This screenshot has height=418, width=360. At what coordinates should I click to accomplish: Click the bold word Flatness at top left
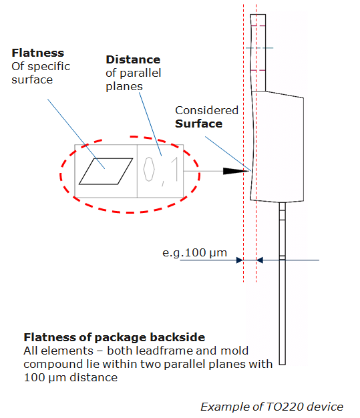pos(38,53)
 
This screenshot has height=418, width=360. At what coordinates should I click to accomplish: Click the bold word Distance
pos(133,59)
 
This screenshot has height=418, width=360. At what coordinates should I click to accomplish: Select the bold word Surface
pos(198,124)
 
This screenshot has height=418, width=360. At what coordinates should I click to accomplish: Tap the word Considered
pos(206,110)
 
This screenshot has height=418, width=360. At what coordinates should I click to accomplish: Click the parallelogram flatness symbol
pos(106,171)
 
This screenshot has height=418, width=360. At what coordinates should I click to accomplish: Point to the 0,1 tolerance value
pos(161,171)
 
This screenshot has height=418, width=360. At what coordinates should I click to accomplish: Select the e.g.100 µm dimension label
pos(194,252)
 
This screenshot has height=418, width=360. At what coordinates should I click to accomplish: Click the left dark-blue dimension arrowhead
pos(240,260)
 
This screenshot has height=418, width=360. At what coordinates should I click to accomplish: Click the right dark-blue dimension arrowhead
pos(260,260)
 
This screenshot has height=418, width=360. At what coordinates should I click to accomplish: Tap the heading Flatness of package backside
pos(114,337)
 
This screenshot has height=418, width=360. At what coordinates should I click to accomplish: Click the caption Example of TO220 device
pos(272,407)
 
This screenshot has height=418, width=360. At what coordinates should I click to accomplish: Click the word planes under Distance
pos(124,87)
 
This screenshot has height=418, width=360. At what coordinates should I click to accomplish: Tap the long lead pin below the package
pos(283,283)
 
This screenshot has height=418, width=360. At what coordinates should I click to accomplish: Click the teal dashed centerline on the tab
pos(259,48)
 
